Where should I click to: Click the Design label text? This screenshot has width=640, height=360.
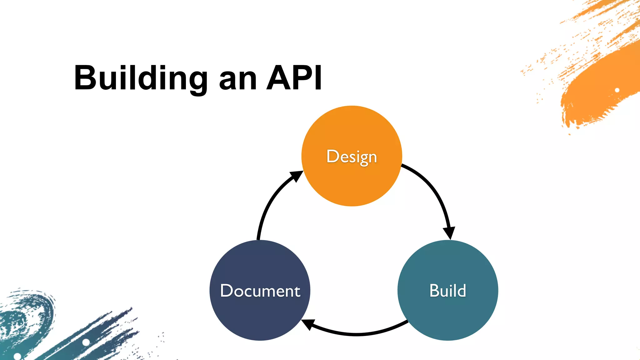[352, 157]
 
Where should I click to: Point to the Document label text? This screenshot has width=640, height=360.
[260, 291]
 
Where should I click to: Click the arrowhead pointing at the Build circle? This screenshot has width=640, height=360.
[449, 232]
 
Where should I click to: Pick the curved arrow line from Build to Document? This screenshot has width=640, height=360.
[356, 334]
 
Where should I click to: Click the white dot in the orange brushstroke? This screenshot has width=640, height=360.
[617, 90]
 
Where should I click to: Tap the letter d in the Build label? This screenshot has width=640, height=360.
[461, 291]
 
